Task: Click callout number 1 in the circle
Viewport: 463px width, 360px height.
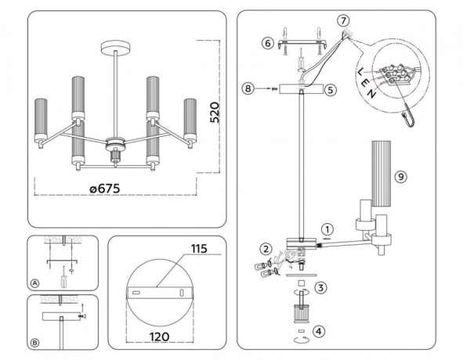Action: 327,230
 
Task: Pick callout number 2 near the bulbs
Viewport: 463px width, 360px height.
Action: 266,250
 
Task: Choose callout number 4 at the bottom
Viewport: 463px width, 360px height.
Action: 318,333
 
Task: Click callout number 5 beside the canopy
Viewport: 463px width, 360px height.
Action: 330,90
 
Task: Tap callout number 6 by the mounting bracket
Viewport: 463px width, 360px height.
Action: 267,45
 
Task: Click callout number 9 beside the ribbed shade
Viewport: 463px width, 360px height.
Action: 400,178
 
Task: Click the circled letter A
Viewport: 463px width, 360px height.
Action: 34,283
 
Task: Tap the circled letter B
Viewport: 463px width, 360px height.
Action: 34,340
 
